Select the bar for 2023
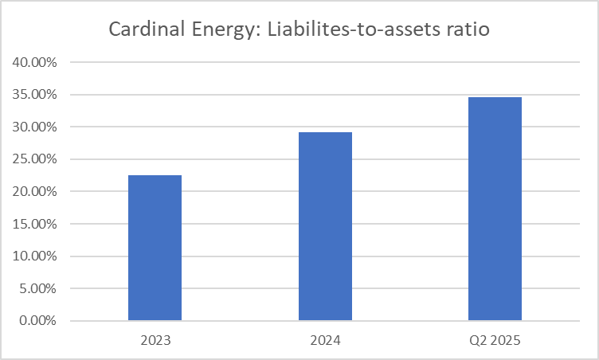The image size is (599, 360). click(x=155, y=248)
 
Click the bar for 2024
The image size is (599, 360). click(x=325, y=226)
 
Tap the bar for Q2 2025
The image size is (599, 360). click(x=495, y=209)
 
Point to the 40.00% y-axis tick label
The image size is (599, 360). click(x=35, y=62)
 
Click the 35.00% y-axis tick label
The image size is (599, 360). click(x=35, y=95)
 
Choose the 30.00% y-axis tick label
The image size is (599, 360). click(x=35, y=127)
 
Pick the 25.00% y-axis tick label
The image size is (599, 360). click(x=35, y=159)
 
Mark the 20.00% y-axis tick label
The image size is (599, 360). click(x=35, y=192)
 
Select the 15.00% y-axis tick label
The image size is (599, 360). click(x=35, y=224)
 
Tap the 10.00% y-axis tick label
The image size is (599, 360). click(x=35, y=256)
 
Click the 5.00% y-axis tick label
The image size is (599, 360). click(x=38, y=289)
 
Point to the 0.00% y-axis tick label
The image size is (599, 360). click(x=38, y=321)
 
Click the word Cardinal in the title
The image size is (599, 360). click(x=142, y=31)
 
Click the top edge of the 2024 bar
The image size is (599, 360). click(x=325, y=132)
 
